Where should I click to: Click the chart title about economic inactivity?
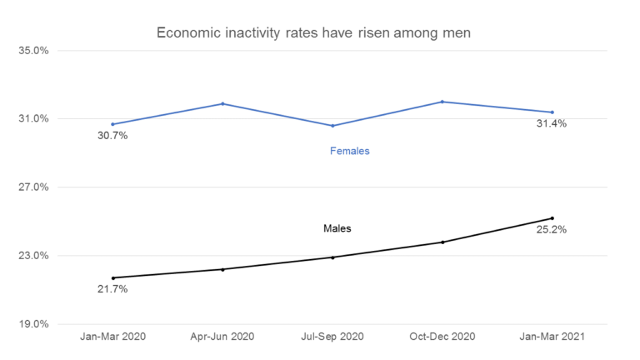[320, 33]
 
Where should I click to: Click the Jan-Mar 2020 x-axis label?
[112, 337]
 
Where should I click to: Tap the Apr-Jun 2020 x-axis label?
[222, 337]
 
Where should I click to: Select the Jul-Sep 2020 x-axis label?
[332, 337]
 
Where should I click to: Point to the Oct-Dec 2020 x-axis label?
[442, 337]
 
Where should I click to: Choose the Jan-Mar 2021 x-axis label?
[552, 337]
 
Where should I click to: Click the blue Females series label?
[350, 151]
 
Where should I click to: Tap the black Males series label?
[337, 227]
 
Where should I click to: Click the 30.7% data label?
[112, 136]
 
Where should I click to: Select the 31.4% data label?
[552, 123]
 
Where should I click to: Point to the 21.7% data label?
[112, 289]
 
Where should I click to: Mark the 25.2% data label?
[552, 229]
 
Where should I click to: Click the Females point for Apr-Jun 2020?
[222, 103]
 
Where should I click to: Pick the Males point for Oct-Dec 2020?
[442, 242]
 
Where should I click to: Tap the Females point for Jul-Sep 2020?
[332, 126]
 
